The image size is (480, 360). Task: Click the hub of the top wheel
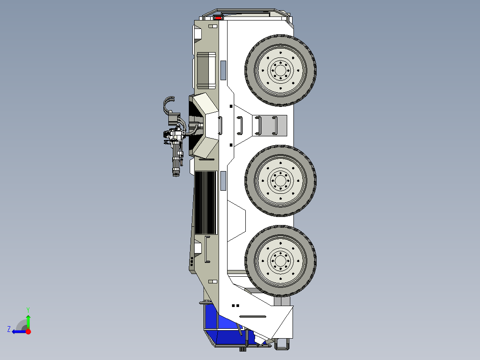(x=281, y=70)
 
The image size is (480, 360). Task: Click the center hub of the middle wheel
(x=281, y=181)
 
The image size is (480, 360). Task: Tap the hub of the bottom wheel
(x=281, y=261)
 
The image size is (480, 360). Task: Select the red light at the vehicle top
(x=218, y=18)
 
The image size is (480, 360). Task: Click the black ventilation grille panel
(x=206, y=203)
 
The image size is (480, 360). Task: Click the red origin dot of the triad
(x=28, y=331)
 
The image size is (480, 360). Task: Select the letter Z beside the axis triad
(x=9, y=329)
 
